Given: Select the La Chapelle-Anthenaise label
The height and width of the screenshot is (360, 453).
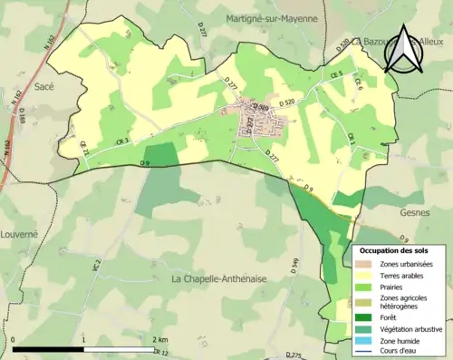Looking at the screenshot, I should click(x=219, y=279).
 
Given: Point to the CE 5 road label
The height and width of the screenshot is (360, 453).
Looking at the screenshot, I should click(x=336, y=74).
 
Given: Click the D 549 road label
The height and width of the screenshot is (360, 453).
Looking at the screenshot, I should click(x=294, y=265).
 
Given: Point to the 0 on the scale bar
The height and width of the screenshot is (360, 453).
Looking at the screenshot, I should click(x=14, y=338).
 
